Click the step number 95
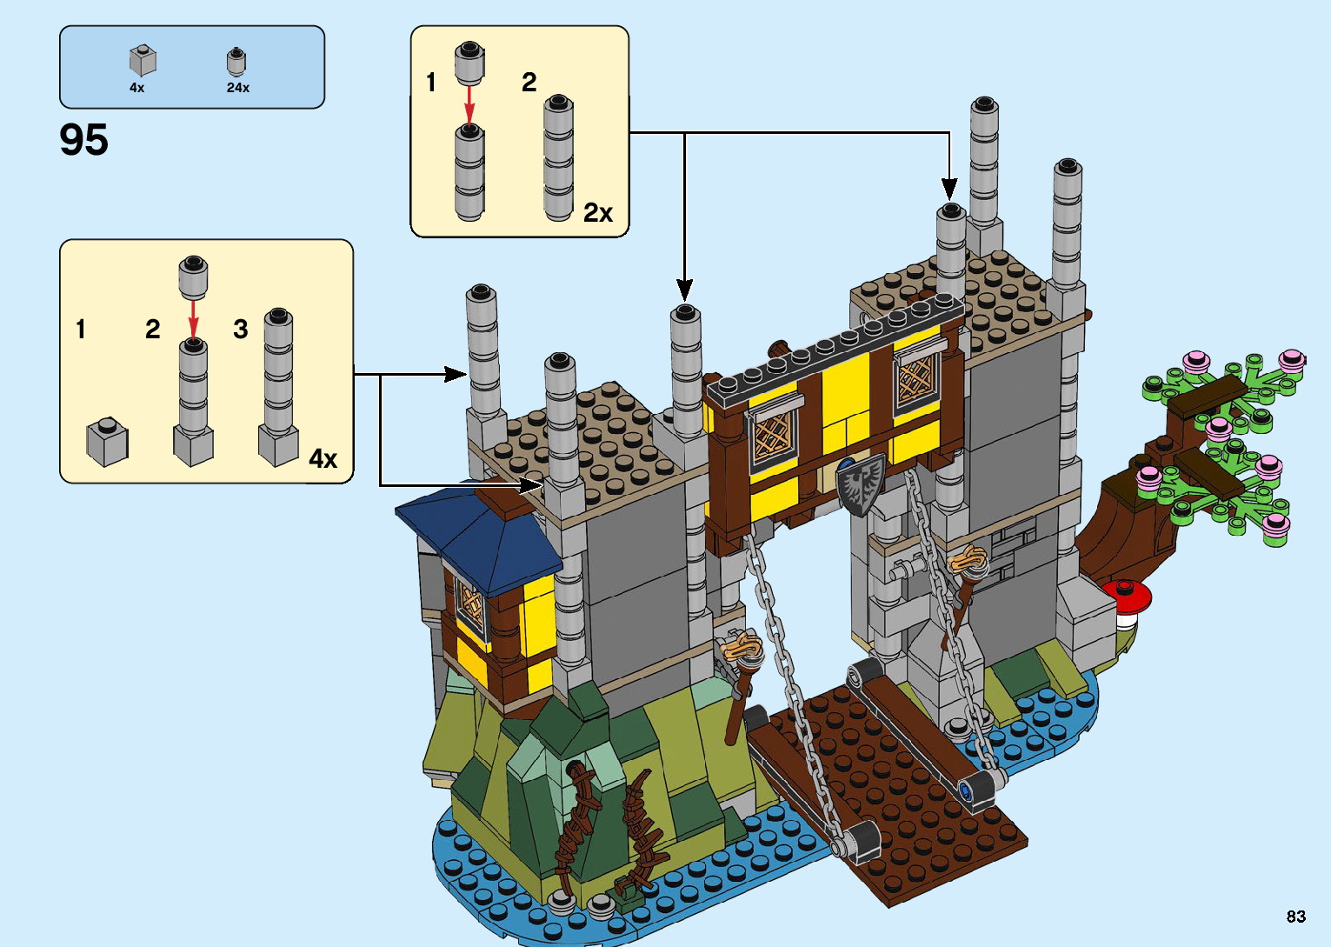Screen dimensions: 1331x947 tap(84, 140)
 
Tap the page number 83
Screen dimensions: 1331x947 tap(1295, 916)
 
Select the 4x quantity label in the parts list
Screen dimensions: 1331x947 tap(136, 88)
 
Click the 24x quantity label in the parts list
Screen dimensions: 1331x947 tap(237, 88)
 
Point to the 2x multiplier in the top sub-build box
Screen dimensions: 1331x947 tap(598, 212)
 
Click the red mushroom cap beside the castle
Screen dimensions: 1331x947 tap(1128, 596)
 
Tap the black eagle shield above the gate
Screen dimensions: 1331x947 tap(861, 484)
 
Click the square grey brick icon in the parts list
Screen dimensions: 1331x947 tap(143, 60)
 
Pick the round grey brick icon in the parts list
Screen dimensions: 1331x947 tap(236, 61)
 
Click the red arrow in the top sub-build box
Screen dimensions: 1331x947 tap(469, 105)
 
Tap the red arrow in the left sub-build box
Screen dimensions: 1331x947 tap(193, 317)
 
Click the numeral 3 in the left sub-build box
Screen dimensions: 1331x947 tap(241, 330)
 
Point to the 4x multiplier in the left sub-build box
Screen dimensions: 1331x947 tap(323, 458)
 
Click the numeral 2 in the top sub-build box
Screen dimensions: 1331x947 tap(529, 83)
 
